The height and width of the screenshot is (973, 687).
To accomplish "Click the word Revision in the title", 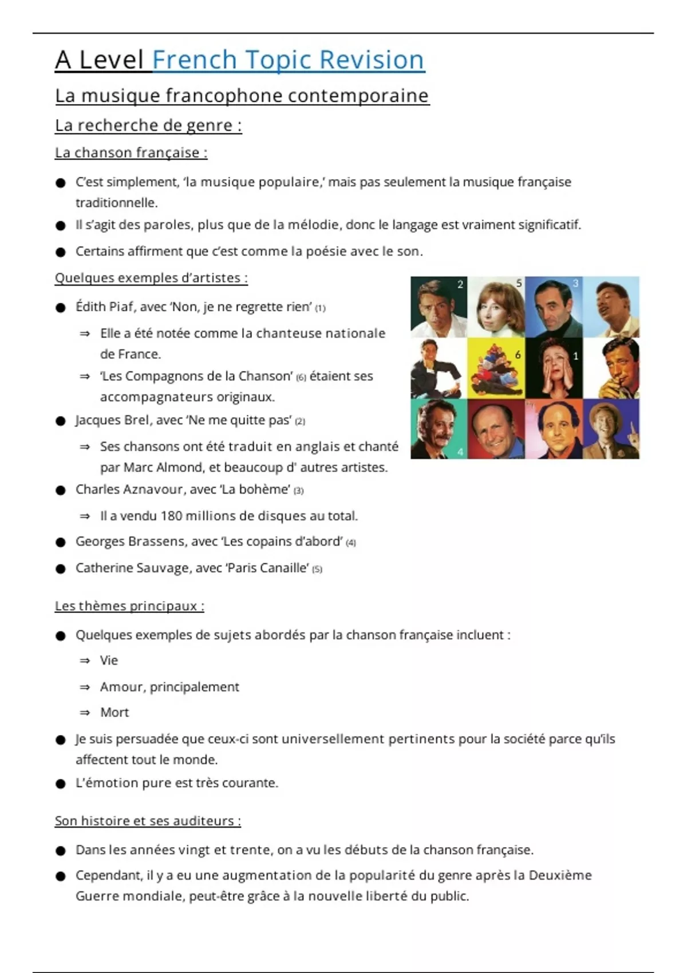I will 371,60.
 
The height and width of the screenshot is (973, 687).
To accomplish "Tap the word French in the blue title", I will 195,60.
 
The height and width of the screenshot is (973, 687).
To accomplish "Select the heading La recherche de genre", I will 148,125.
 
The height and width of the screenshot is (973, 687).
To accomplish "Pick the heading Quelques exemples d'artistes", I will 151,278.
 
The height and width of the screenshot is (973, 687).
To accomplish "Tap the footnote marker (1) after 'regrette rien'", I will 320,308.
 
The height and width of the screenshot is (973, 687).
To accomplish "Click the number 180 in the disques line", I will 171,516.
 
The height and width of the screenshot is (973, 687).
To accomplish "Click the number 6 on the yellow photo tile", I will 518,355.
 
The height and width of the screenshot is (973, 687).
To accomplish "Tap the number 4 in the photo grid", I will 460,452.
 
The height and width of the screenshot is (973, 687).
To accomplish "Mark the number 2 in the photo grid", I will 460,284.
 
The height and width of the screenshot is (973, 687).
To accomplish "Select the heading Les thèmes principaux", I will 129,606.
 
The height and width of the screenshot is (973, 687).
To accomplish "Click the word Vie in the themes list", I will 109,660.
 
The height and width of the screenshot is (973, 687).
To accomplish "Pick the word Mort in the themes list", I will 114,713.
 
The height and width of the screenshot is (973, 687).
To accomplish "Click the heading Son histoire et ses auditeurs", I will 148,821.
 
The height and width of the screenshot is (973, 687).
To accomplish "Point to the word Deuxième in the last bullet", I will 560,876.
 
